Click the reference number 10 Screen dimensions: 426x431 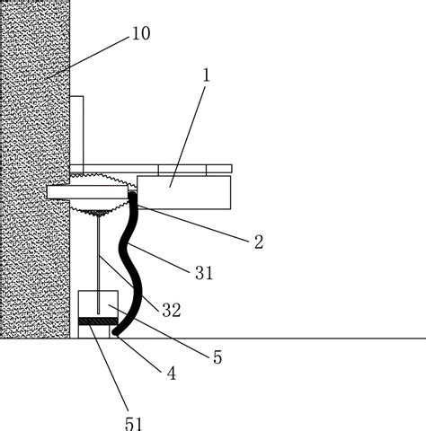tap(141, 33)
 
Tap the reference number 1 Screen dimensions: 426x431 tap(207, 75)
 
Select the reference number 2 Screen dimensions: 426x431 tap(259, 242)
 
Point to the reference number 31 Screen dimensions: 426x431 tap(204, 273)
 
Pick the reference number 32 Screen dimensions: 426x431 tap(172, 310)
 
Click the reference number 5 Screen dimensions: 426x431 tap(217, 357)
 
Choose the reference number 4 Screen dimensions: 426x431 tap(171, 374)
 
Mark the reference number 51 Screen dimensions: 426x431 tap(133, 424)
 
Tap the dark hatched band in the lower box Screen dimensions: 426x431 tap(98, 321)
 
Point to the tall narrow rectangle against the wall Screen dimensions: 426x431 tap(76, 130)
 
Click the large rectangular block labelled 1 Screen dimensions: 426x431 tap(184, 192)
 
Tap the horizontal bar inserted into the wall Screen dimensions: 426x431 tap(87, 192)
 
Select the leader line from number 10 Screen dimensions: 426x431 tap(87, 57)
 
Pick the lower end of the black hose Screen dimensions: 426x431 tap(115, 332)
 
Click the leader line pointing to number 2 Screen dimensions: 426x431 tap(193, 224)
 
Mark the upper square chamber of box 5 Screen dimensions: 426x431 tap(98, 304)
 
